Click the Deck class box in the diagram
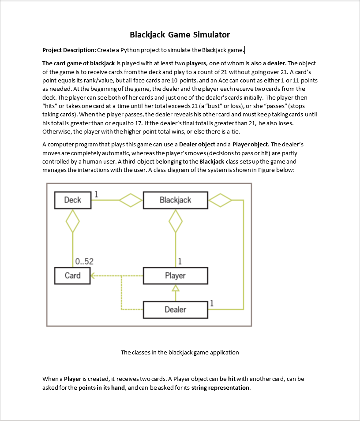(72, 200)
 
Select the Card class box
(72, 276)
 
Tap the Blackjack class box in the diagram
(175, 200)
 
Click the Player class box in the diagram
(175, 276)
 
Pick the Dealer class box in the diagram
(175, 309)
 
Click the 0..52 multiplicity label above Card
(84, 261)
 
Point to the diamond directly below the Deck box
(72, 220)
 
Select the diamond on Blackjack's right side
(220, 200)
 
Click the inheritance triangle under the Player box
(176, 288)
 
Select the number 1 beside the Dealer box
(212, 303)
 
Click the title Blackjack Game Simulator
(180, 34)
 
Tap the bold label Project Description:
(68, 50)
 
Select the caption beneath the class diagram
(180, 352)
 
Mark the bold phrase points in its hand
(103, 388)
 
